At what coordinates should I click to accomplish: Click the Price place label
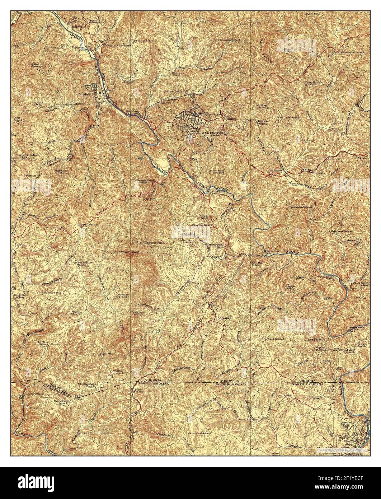pos(137,389)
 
